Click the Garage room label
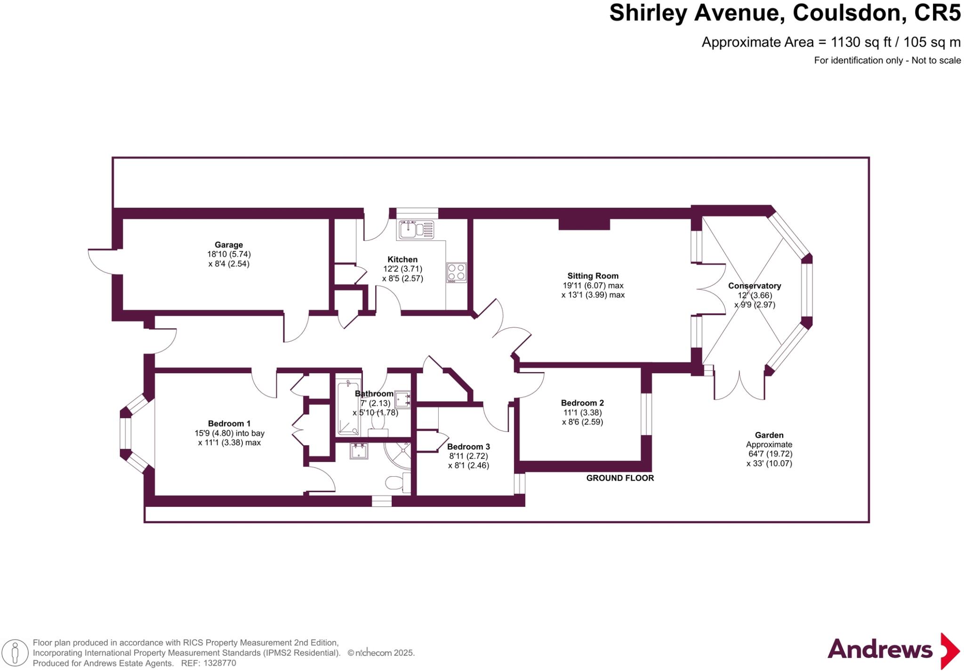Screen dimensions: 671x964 [x=229, y=245]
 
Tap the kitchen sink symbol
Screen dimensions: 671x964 [x=416, y=230]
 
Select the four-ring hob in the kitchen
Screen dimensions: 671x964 [x=456, y=272]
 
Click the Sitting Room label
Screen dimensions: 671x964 [x=593, y=276]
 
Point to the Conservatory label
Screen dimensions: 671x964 [x=754, y=286]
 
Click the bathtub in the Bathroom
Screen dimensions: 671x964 [x=349, y=407]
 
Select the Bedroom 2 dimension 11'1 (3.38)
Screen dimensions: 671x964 [x=582, y=413]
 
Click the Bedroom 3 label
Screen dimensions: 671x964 [x=468, y=447]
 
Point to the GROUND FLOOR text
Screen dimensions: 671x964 [x=620, y=478]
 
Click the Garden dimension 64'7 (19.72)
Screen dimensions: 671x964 [x=770, y=454]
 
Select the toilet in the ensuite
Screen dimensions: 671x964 [x=394, y=483]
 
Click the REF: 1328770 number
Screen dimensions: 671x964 [x=219, y=663]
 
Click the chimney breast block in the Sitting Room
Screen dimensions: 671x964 [x=584, y=224]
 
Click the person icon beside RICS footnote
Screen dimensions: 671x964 [x=15, y=653]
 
